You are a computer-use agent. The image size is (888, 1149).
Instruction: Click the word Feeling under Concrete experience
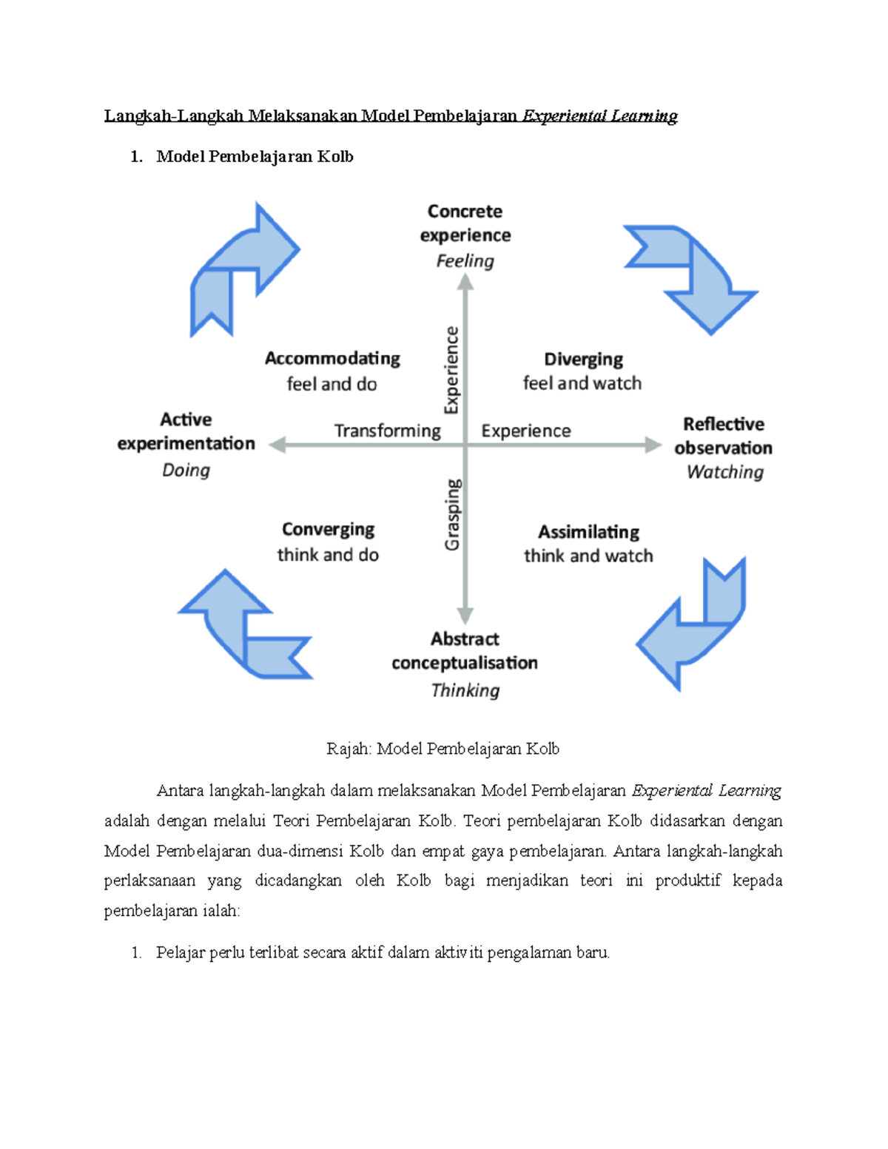[x=465, y=261]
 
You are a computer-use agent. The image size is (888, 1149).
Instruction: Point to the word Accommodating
[x=332, y=359]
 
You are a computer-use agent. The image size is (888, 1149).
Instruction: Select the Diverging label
[x=583, y=360]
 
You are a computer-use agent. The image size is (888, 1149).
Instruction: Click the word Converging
[x=328, y=530]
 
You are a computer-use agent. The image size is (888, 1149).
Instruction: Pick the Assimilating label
[x=588, y=532]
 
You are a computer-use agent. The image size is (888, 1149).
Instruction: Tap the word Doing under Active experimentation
[x=186, y=471]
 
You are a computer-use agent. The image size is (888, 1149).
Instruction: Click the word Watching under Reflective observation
[x=724, y=472]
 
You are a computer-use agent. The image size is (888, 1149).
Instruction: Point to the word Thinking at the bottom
[x=465, y=690]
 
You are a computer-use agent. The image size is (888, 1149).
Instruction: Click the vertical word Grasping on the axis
[x=452, y=514]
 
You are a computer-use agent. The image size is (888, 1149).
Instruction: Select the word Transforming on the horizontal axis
[x=387, y=431]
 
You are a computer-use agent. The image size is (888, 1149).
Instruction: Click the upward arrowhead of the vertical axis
[x=465, y=282]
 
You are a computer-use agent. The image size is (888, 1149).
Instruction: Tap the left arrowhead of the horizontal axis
[x=277, y=445]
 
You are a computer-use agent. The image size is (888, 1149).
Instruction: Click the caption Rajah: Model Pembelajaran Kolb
[x=443, y=749]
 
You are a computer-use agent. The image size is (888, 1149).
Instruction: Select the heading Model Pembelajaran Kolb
[x=255, y=157]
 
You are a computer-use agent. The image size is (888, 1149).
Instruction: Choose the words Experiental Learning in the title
[x=599, y=116]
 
